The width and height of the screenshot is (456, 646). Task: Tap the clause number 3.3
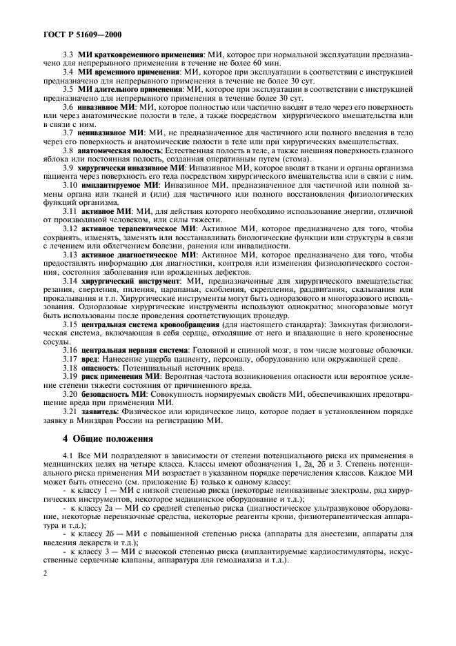tap(69, 54)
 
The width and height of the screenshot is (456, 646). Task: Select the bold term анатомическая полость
tap(119, 150)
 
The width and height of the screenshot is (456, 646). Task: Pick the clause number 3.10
tap(70, 186)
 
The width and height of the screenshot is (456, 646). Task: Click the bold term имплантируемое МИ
tap(117, 186)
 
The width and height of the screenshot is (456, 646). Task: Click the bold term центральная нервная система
tap(135, 351)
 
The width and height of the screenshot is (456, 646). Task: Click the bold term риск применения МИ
tap(121, 377)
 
